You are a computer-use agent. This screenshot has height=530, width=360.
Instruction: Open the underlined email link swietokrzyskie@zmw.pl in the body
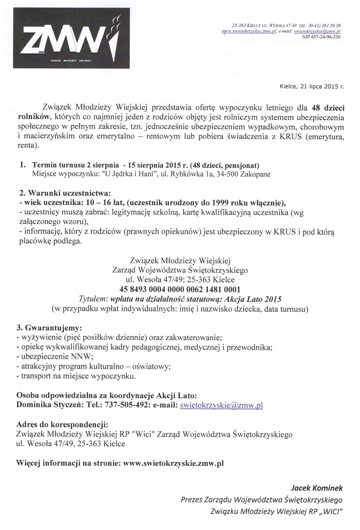(221, 405)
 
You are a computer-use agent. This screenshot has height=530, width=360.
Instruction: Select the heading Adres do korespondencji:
(62, 425)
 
